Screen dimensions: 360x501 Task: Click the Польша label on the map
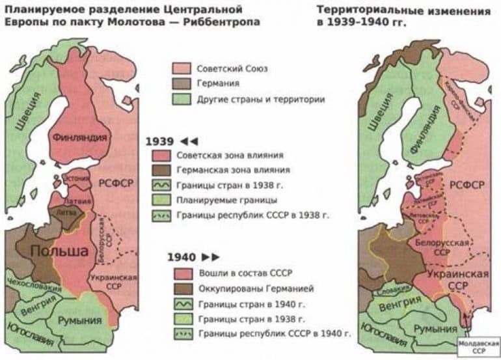click(x=59, y=251)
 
